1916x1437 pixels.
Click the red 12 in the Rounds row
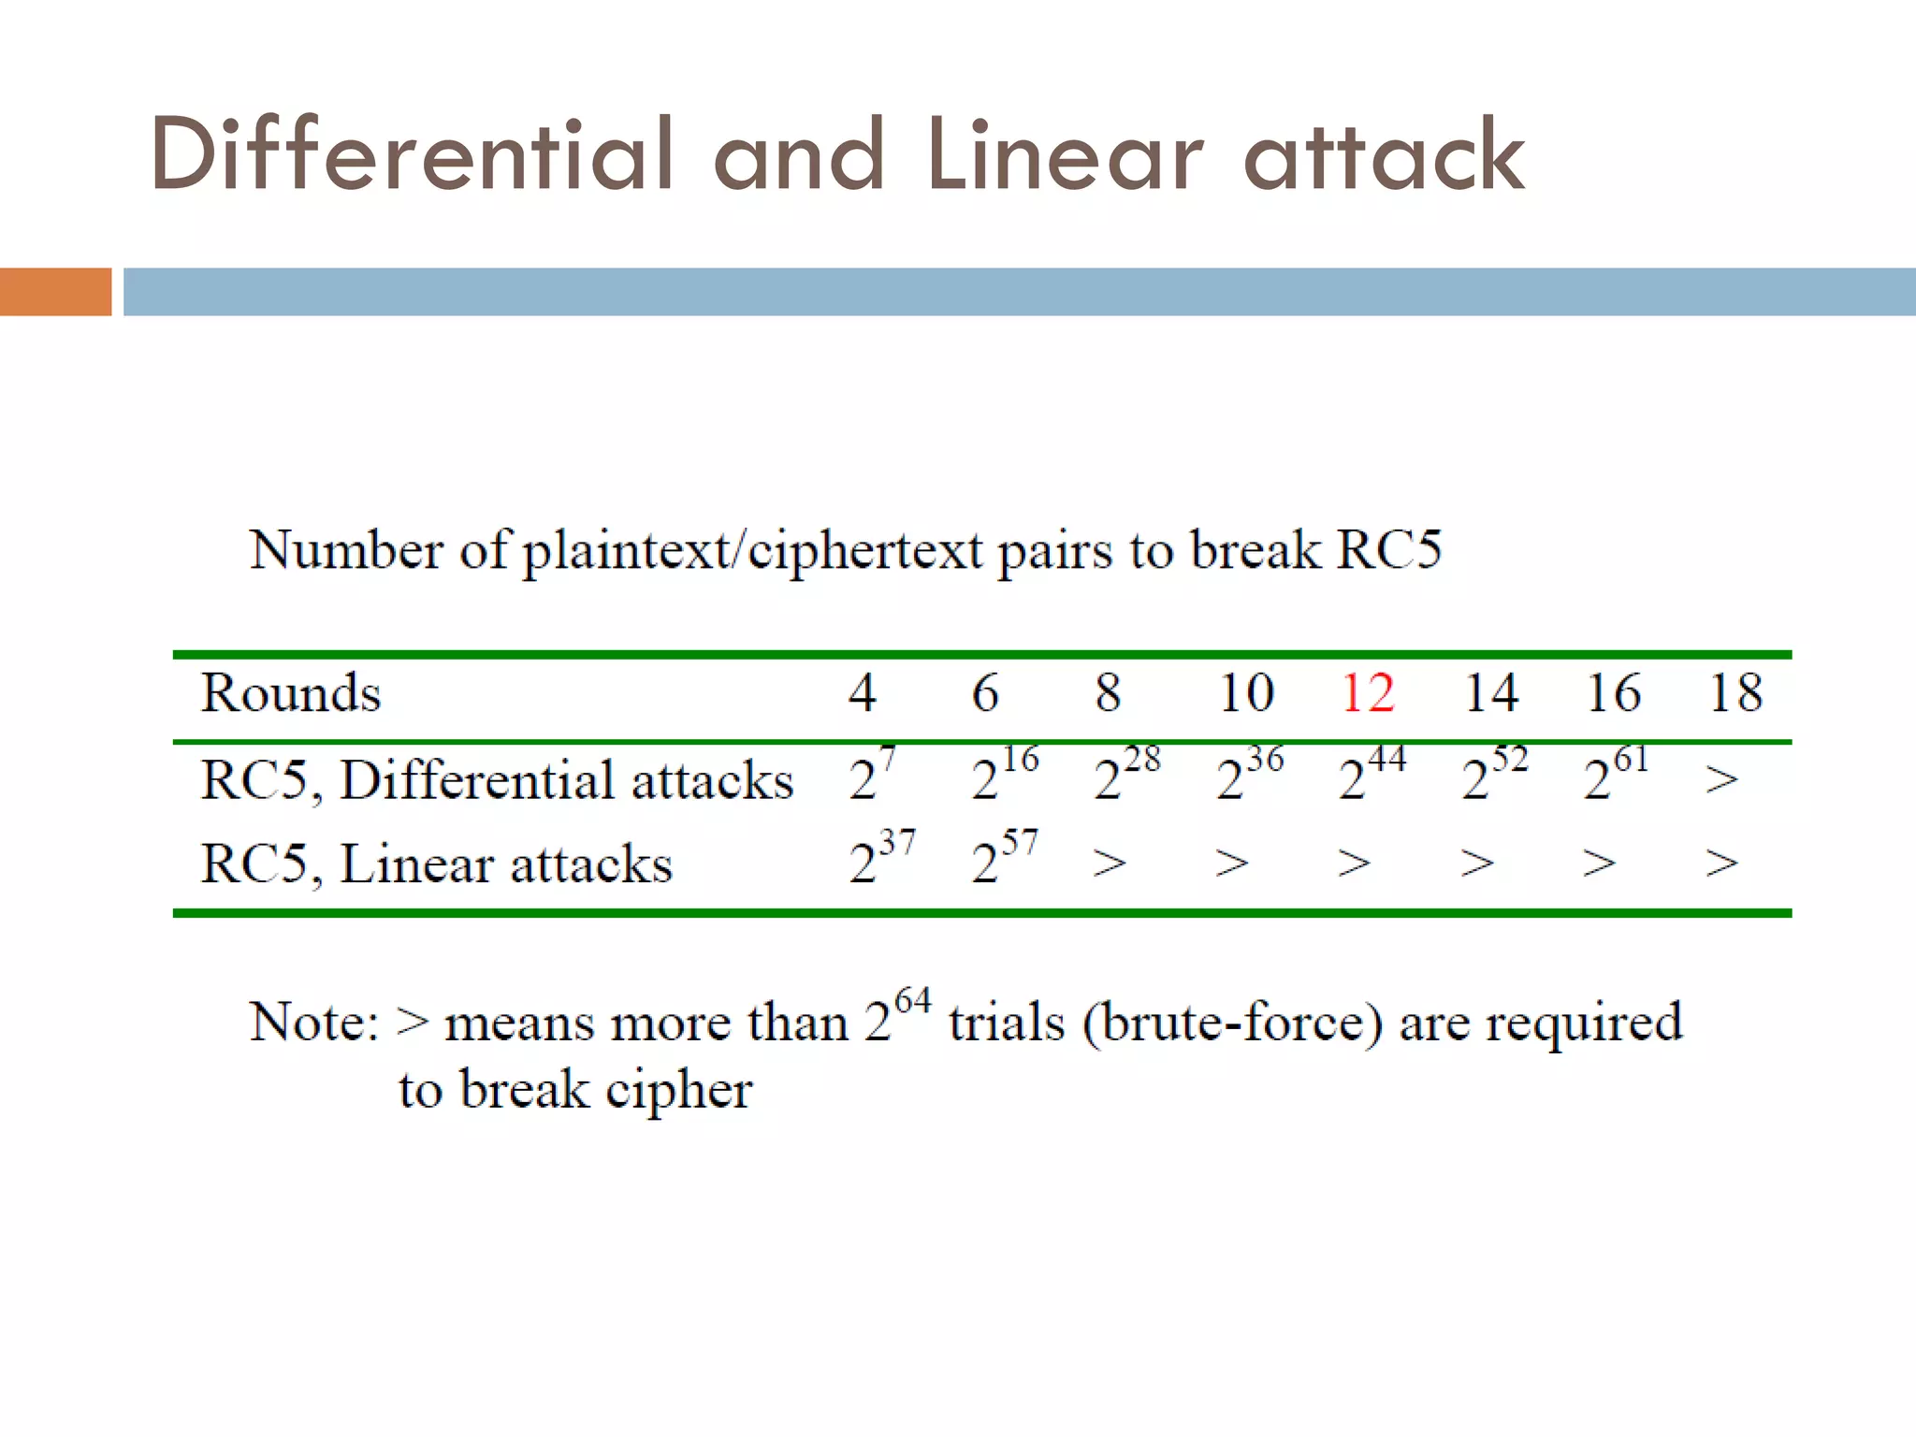point(1368,693)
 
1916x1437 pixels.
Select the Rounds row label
point(291,693)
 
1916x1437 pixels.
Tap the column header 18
point(1735,693)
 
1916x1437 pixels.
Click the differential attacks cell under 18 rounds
point(1721,778)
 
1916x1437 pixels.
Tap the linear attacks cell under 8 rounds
point(1110,863)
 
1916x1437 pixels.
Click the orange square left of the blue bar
point(55,292)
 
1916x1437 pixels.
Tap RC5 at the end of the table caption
point(1388,549)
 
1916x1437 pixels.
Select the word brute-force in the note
point(1232,1022)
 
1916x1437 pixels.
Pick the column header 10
point(1246,693)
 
